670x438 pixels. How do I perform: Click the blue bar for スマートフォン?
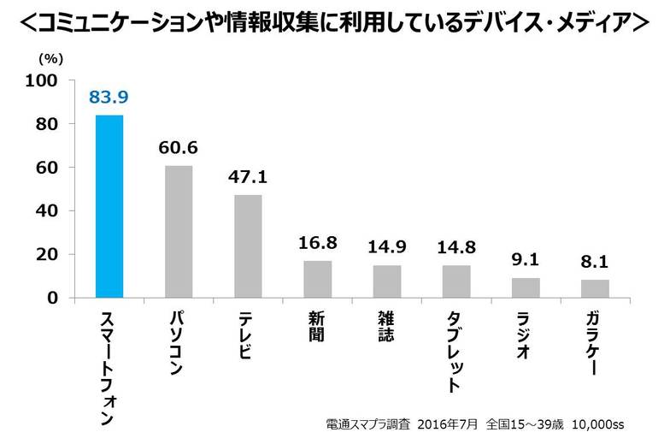109,206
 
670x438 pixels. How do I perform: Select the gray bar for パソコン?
179,232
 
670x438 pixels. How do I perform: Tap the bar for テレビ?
248,246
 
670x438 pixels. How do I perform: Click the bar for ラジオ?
526,287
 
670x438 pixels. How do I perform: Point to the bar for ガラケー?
595,288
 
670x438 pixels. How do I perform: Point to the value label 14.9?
387,247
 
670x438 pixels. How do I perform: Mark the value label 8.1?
595,262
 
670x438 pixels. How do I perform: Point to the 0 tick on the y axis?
52,298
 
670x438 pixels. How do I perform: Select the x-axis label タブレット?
456,351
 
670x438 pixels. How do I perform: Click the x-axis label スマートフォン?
109,369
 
